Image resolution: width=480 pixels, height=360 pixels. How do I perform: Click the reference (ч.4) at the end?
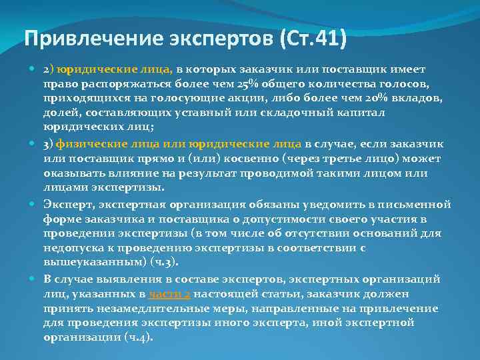pos(139,337)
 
